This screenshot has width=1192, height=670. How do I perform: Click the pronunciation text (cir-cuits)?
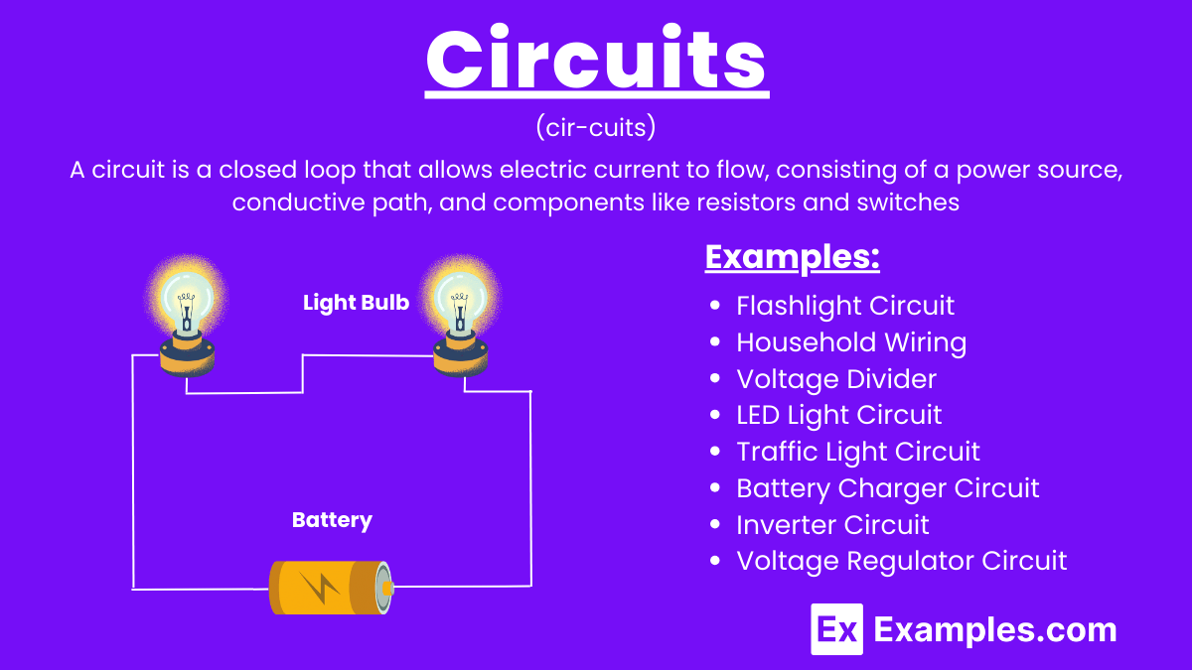[x=596, y=128]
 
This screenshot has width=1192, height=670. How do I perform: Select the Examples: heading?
[x=792, y=257]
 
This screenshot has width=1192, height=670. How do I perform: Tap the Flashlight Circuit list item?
[x=844, y=306]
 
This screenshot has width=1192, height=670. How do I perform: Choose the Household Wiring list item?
[x=850, y=342]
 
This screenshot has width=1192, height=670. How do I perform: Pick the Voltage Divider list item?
[x=835, y=379]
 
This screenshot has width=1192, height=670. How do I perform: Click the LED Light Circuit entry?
[x=838, y=415]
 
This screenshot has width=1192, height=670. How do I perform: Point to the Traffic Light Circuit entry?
[x=857, y=452]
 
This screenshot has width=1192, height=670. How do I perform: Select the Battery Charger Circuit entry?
[x=887, y=488]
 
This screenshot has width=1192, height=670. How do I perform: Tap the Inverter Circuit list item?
[x=832, y=524]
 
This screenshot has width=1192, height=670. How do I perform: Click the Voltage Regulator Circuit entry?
[x=901, y=561]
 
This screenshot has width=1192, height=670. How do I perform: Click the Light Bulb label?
[x=356, y=303]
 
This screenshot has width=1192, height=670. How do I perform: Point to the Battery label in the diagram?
[x=332, y=520]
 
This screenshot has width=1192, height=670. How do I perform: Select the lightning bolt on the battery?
[x=320, y=589]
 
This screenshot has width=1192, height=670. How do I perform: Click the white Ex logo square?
[x=836, y=629]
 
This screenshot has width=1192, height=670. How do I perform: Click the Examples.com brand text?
[x=994, y=629]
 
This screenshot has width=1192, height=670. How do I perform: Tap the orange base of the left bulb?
[x=186, y=359]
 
